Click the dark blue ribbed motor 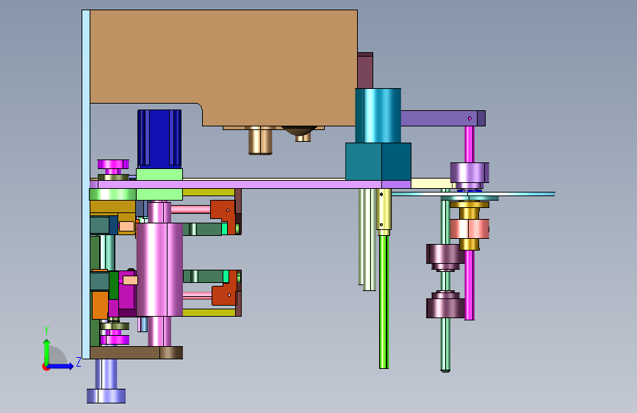tap(159, 139)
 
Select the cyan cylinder tap(378, 115)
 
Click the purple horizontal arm tap(443, 118)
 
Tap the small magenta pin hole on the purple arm tap(469, 118)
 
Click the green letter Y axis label tap(46, 330)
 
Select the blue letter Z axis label tap(79, 362)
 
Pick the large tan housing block tap(223, 65)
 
